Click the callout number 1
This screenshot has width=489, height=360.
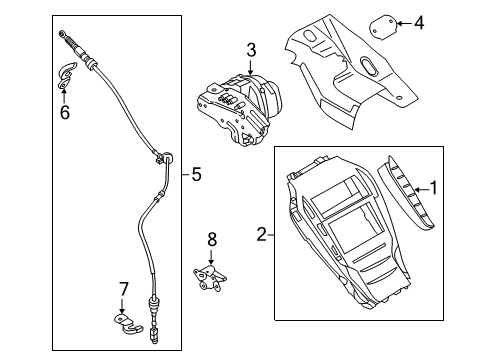tap(433, 186)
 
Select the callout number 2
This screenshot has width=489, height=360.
tap(262, 235)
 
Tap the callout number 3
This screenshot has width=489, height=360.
tap(251, 49)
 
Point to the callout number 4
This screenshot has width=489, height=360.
tap(419, 20)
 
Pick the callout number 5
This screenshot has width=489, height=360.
tap(196, 175)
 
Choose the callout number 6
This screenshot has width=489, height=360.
tap(65, 113)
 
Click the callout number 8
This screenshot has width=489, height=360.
tap(211, 239)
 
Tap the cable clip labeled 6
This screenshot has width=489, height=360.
tap(67, 76)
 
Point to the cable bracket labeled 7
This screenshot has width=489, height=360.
tap(125, 321)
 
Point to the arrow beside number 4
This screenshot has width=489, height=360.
tap(402, 20)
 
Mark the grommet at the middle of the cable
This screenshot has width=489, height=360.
tap(161, 158)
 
